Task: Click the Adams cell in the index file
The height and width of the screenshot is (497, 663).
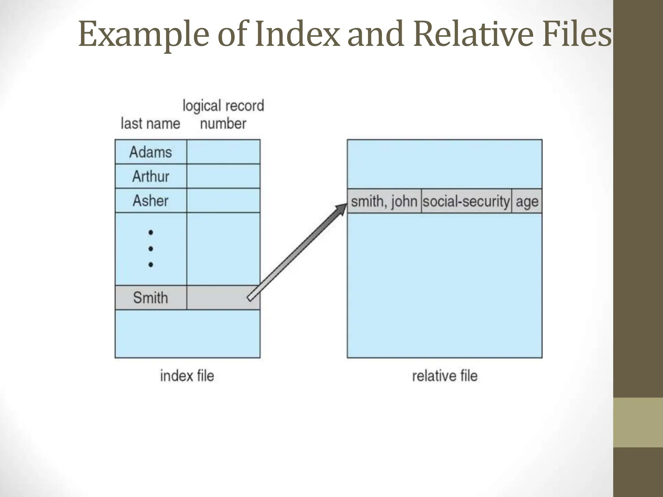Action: point(151,152)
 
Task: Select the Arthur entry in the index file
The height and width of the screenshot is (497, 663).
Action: point(151,176)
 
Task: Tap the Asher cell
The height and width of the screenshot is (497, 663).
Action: point(151,201)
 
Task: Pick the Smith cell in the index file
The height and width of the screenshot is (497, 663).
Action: point(151,298)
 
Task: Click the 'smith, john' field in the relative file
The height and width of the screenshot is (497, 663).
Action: point(384,201)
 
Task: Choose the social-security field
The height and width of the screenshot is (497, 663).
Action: point(466,201)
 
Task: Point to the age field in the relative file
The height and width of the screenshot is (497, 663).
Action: point(527,201)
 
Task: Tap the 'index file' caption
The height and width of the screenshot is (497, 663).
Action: point(187,376)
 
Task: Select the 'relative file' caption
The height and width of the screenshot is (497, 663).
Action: point(444,376)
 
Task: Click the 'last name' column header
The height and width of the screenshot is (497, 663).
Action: point(150,124)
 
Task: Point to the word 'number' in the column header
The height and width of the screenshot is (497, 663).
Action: point(223,124)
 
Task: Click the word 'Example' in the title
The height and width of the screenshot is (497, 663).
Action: point(144,34)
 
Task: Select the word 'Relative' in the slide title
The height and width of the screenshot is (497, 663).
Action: point(473,34)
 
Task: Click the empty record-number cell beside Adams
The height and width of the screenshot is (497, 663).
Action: point(223,152)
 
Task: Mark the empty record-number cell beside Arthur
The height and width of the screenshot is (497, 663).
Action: point(223,176)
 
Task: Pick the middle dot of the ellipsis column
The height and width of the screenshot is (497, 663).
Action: point(151,249)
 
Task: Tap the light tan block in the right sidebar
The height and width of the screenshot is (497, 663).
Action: point(638,422)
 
